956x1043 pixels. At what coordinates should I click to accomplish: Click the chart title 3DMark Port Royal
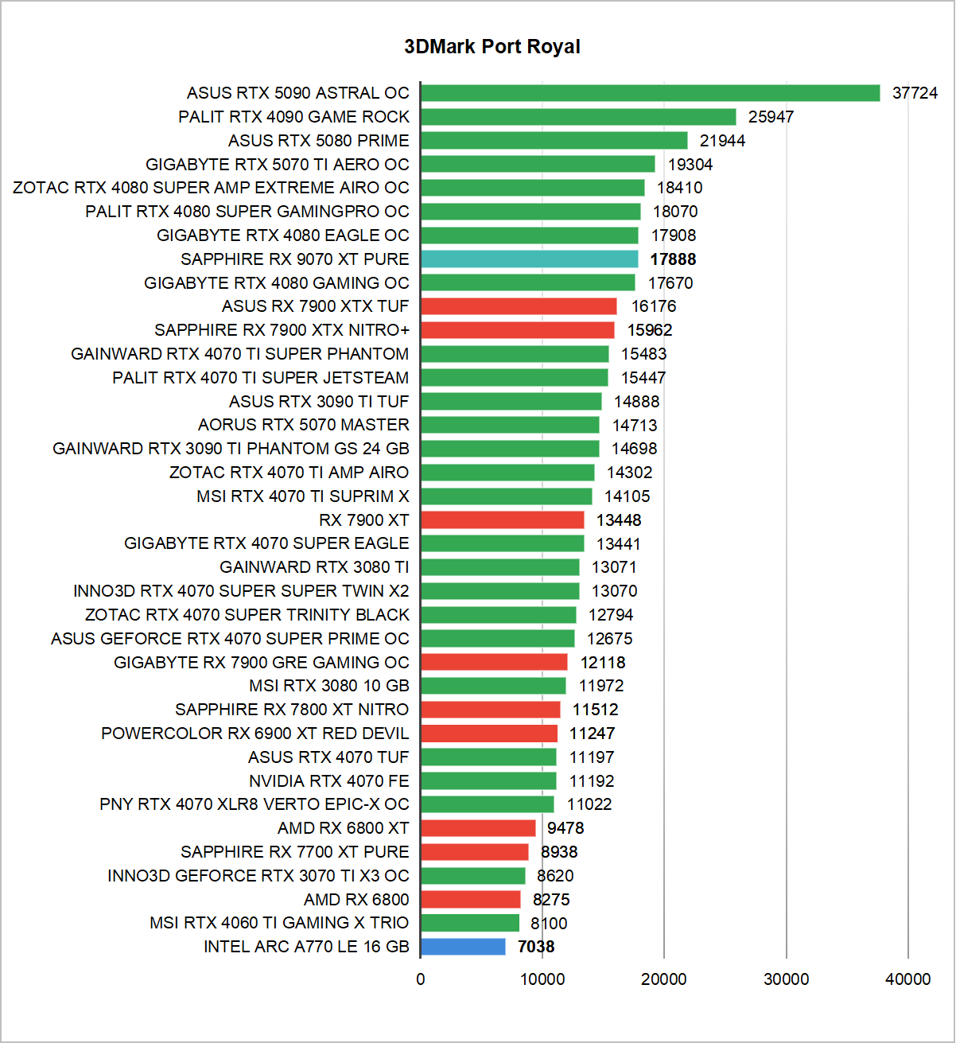[x=492, y=47]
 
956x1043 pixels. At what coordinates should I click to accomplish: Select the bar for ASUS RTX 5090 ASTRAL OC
[x=650, y=93]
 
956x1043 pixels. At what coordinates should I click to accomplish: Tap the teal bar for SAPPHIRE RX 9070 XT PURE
[x=529, y=259]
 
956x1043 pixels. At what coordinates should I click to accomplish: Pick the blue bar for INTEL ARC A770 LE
[x=463, y=947]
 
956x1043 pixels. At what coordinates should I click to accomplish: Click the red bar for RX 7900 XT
[x=502, y=520]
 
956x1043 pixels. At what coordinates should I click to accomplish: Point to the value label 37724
[x=915, y=93]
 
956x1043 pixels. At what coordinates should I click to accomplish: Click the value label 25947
[x=771, y=117]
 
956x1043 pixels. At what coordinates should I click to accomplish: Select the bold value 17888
[x=673, y=259]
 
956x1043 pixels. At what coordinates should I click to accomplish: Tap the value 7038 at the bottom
[x=536, y=947]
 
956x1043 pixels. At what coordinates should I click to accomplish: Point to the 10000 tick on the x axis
[x=542, y=979]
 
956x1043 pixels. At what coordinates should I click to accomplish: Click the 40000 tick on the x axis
[x=908, y=979]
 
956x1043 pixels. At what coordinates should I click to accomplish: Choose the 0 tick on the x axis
[x=421, y=979]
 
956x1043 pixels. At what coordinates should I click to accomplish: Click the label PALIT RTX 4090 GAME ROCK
[x=293, y=117]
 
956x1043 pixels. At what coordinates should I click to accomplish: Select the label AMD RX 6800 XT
[x=343, y=828]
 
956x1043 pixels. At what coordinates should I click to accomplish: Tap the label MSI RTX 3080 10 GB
[x=328, y=686]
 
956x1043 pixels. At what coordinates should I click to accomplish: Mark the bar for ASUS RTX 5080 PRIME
[x=554, y=141]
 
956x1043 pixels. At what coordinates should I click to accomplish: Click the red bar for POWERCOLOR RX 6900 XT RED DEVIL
[x=489, y=734]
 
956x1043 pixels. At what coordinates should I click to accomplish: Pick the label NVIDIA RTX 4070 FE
[x=328, y=781]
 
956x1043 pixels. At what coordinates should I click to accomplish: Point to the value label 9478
[x=565, y=828]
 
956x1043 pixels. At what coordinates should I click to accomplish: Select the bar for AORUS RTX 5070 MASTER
[x=510, y=426]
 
